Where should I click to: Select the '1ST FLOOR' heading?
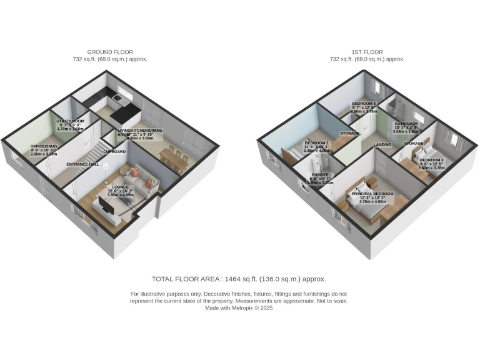[x=367, y=52]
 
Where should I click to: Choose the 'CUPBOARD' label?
[x=114, y=151]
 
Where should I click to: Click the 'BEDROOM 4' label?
[x=364, y=103]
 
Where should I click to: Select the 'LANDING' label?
[x=382, y=145]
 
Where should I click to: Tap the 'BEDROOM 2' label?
[x=316, y=142]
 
